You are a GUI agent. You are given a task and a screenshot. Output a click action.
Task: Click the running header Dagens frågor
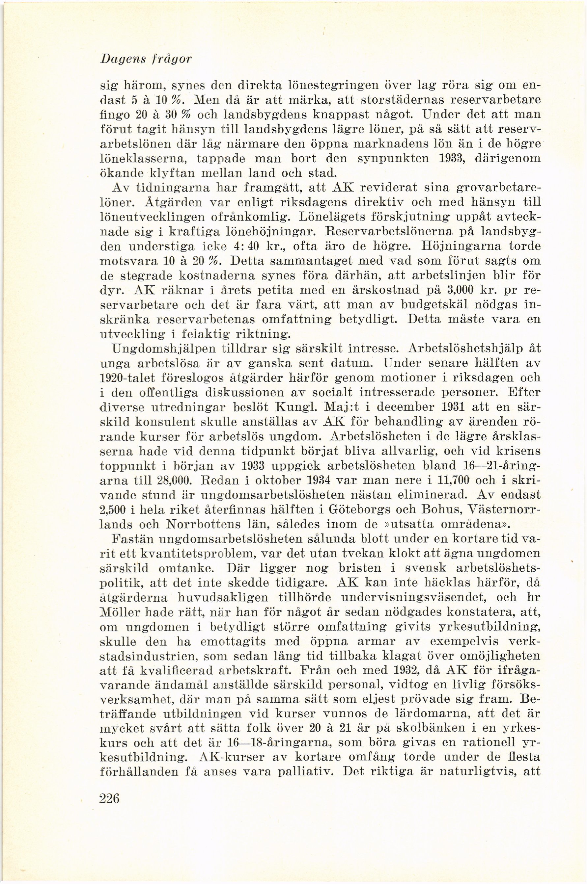(146, 60)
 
